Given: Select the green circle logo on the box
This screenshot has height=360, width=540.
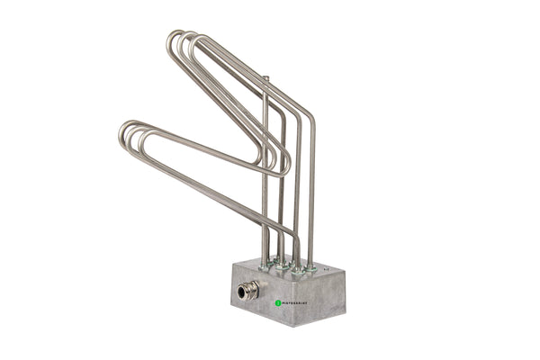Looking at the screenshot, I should coord(278,303).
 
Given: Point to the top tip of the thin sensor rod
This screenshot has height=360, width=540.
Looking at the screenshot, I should coord(265,79).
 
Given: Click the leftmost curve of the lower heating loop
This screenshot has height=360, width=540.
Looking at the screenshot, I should coord(122,136).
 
